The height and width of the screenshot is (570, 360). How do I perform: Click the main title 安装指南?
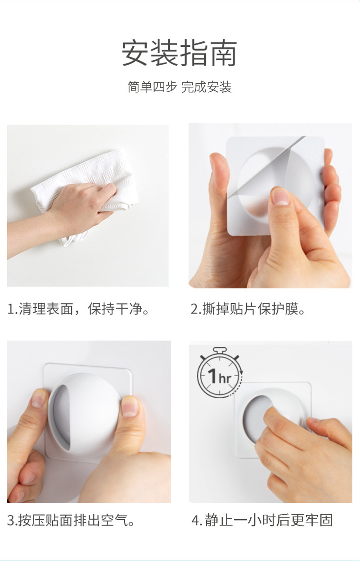pos(179,53)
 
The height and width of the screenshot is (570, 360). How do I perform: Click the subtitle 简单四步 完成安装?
pos(179,86)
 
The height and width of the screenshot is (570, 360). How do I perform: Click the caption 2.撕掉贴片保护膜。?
pos(248,310)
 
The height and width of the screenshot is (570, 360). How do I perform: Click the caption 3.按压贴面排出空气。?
pos(71,521)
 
